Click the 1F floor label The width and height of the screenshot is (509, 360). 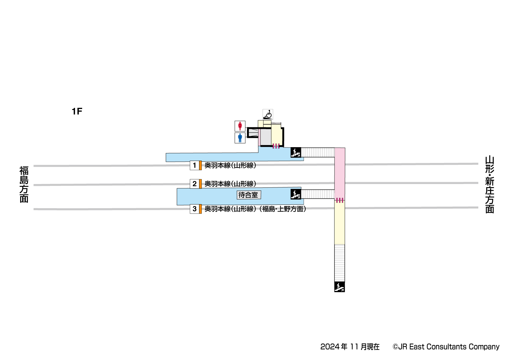[x=77, y=111]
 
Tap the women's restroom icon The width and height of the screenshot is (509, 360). [x=240, y=126]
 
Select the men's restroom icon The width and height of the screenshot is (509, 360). [x=240, y=138]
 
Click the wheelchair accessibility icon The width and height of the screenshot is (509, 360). [x=268, y=114]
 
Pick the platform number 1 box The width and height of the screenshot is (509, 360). [x=195, y=165]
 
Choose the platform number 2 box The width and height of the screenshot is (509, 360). [x=195, y=184]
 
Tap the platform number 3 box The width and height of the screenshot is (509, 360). [x=195, y=209]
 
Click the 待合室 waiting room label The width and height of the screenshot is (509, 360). [x=249, y=195]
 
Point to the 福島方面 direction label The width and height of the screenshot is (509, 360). [x=24, y=184]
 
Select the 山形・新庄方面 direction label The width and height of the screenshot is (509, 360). [x=489, y=185]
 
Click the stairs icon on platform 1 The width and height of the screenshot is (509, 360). [x=296, y=152]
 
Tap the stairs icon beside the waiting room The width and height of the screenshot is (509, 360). [x=296, y=194]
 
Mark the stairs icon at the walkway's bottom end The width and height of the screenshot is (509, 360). [x=339, y=287]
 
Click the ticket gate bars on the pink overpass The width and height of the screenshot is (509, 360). [x=340, y=200]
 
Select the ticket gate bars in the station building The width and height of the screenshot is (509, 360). [x=276, y=146]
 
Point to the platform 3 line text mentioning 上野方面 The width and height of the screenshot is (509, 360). [x=255, y=209]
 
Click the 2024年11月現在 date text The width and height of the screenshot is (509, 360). [x=350, y=347]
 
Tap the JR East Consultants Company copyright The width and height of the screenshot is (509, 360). [x=446, y=347]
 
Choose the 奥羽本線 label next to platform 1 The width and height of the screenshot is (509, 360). [x=230, y=165]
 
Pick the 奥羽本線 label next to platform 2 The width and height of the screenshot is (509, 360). [x=230, y=184]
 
